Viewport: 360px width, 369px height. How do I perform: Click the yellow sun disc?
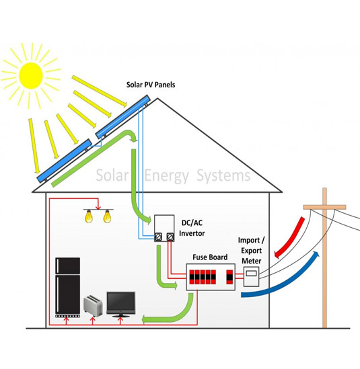[x=31, y=75]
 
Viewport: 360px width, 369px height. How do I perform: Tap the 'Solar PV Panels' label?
[x=151, y=85]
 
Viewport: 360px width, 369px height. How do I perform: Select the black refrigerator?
[x=67, y=288]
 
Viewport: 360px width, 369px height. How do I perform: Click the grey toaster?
[x=93, y=306]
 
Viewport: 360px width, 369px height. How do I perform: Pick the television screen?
[x=121, y=303]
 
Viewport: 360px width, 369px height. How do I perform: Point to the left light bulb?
[x=89, y=216]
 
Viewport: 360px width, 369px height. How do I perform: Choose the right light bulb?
[x=107, y=216]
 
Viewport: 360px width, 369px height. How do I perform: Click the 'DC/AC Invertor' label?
[x=192, y=228]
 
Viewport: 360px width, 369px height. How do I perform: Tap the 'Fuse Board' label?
[x=210, y=257]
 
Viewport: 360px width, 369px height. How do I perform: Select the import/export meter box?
[x=251, y=276]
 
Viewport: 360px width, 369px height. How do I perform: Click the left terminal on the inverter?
[x=158, y=237]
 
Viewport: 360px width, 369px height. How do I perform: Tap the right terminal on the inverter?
[x=170, y=237]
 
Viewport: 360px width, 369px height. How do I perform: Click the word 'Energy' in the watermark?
[x=167, y=176]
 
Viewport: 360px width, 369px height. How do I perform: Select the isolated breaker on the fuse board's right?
[x=229, y=277]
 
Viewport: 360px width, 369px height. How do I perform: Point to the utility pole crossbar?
[x=324, y=207]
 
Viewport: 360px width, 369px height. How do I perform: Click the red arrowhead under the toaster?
[x=93, y=319]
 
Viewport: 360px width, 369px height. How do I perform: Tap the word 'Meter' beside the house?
[x=252, y=261]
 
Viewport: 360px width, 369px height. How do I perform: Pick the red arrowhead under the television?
[x=120, y=319]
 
